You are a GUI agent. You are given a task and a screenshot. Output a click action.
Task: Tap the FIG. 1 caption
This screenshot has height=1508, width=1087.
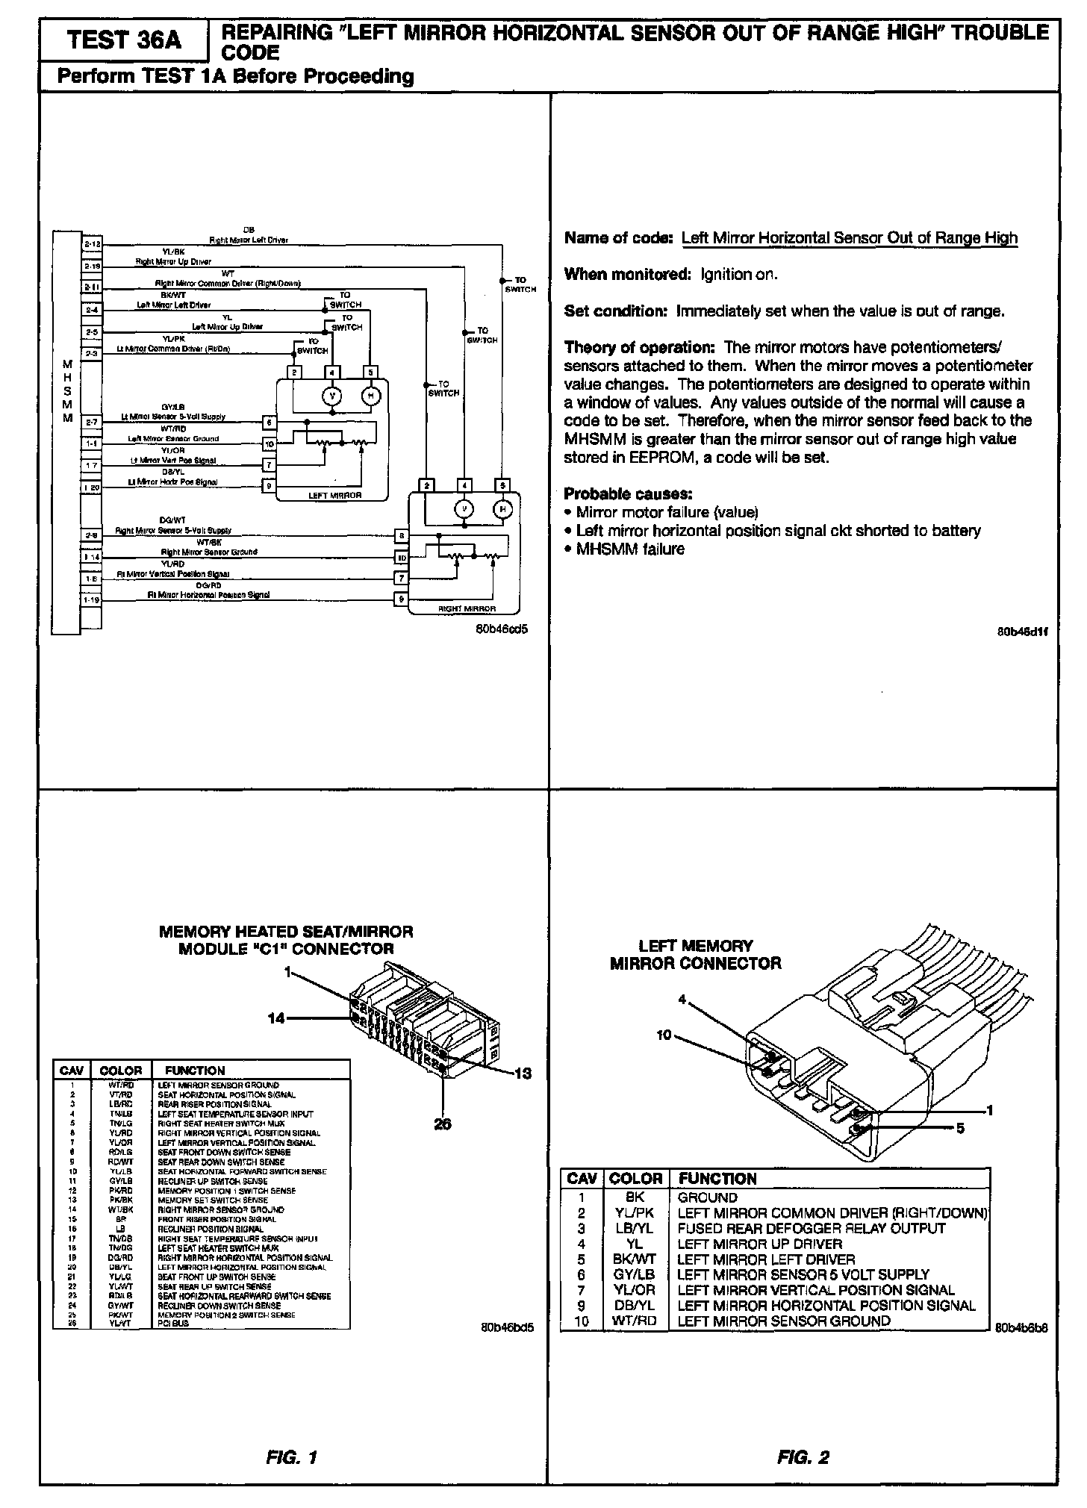[x=292, y=1457]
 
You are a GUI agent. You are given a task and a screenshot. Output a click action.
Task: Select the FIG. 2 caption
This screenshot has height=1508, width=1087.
[x=803, y=1457]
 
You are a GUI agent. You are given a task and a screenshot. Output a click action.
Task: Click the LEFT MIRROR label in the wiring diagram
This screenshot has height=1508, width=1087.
[x=334, y=495]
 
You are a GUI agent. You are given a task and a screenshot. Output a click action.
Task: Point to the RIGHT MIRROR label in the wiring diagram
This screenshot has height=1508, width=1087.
[x=467, y=608]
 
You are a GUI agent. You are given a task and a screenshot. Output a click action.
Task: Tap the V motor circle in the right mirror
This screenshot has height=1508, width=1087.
[x=465, y=509]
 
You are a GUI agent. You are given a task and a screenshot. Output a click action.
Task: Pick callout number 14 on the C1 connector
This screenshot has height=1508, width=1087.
[x=276, y=1018]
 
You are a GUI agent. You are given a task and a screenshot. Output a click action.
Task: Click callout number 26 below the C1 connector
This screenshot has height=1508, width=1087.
[x=443, y=1124]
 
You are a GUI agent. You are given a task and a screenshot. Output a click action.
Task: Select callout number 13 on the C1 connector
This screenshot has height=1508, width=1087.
[x=523, y=1074]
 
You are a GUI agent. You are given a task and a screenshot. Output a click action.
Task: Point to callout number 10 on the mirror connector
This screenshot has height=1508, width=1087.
[x=664, y=1035]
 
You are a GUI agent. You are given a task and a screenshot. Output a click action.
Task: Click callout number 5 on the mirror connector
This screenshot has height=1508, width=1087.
[x=960, y=1128]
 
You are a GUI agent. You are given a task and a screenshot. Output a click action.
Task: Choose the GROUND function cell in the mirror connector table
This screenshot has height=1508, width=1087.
[x=707, y=1197]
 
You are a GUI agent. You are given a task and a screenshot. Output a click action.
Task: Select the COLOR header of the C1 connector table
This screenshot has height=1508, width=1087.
[x=120, y=1071]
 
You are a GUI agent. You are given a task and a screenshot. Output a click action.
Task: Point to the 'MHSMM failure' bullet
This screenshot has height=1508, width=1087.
[x=630, y=549]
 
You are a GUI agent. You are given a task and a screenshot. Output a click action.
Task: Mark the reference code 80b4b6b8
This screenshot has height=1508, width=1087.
[x=1021, y=1328]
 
